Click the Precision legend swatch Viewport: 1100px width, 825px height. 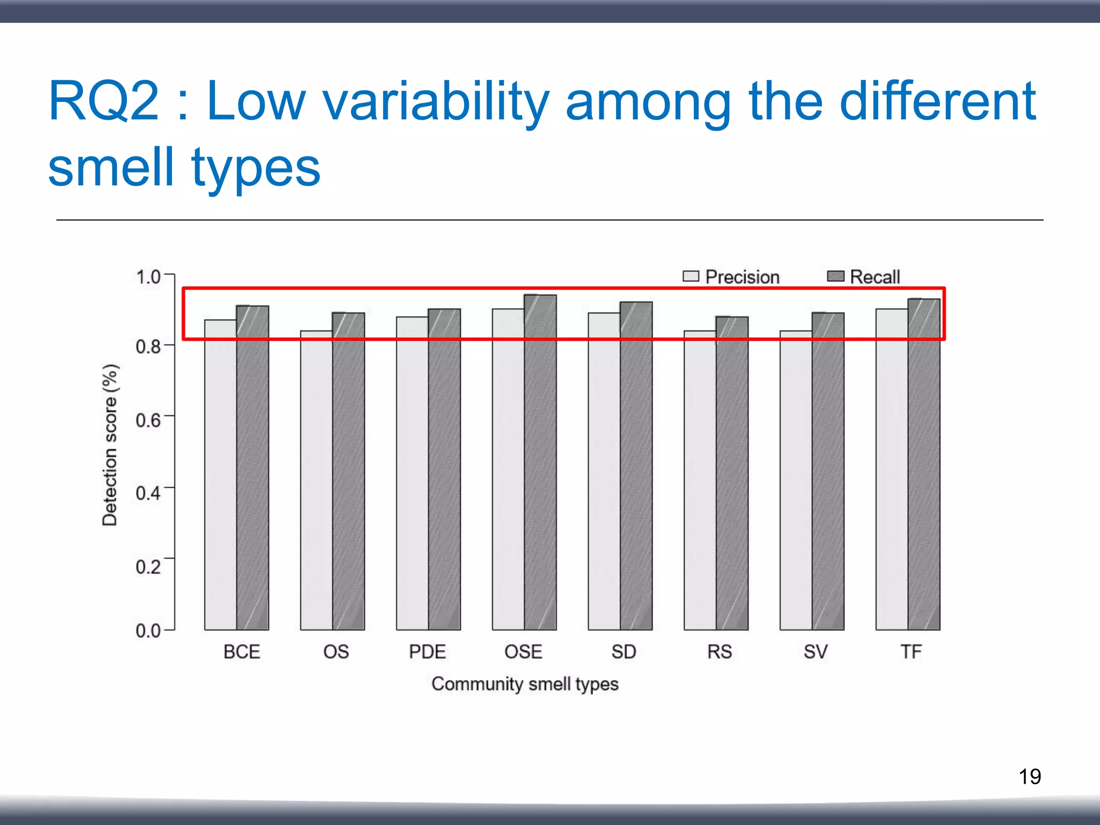coord(691,276)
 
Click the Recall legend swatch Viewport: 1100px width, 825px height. coord(836,276)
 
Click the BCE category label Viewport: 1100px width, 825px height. coord(242,652)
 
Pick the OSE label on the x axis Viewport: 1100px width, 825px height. coord(523,652)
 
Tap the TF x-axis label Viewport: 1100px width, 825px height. coord(911,652)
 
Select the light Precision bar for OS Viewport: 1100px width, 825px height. coord(316,483)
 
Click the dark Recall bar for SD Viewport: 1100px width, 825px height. coord(636,467)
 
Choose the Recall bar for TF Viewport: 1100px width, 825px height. coord(924,467)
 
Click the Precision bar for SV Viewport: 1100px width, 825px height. coord(795,483)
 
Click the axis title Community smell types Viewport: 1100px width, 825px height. coord(525,684)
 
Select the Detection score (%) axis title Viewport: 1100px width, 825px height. coord(110,445)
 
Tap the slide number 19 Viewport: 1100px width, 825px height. coord(1030,777)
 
